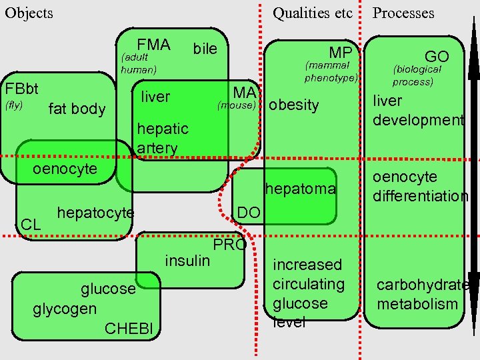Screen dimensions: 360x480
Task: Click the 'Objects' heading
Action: click(29, 13)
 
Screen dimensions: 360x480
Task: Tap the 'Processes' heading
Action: click(403, 13)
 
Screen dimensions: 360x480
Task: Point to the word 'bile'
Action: click(205, 49)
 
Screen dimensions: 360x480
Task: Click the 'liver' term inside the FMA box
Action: click(155, 97)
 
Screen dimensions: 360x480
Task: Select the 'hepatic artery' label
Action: click(162, 138)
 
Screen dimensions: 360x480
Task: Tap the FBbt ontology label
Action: click(21, 89)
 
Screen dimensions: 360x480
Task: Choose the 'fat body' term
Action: click(77, 109)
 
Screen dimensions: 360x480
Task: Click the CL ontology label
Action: click(31, 225)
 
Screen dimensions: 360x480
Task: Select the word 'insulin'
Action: click(187, 260)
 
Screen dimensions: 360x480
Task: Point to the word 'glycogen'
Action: click(65, 309)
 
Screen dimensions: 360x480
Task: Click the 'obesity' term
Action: click(293, 105)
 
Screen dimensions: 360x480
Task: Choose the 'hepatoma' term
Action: click(300, 189)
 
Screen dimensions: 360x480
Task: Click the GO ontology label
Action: click(437, 56)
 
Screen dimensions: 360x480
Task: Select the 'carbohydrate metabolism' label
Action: click(422, 295)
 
